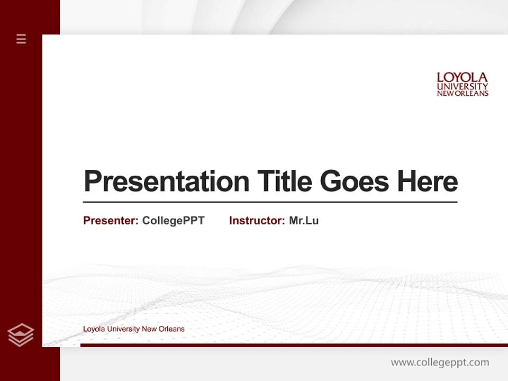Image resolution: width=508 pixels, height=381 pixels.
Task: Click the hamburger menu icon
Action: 21,39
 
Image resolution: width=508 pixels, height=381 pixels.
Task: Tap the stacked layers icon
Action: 21,335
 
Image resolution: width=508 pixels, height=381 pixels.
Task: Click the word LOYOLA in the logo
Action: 462,78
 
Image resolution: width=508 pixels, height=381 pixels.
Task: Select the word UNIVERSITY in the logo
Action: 462,86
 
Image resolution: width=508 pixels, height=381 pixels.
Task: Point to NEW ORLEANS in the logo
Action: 462,94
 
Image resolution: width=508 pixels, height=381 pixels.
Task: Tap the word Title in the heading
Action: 285,181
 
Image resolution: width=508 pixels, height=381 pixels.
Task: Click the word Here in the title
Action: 428,181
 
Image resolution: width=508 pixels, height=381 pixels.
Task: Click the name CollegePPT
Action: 173,221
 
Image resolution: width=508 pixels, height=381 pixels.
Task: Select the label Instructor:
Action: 257,221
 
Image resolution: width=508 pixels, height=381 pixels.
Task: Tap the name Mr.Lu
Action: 304,221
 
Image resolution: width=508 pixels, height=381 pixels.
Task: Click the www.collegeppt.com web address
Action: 440,362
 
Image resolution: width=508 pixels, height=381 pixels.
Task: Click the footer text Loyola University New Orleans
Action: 134,329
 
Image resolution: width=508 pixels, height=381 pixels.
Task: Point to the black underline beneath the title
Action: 270,202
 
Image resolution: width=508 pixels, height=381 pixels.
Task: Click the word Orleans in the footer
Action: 173,329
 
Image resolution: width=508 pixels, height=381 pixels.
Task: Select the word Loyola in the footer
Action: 94,329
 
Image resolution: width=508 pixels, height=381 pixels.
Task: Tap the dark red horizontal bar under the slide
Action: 291,345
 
